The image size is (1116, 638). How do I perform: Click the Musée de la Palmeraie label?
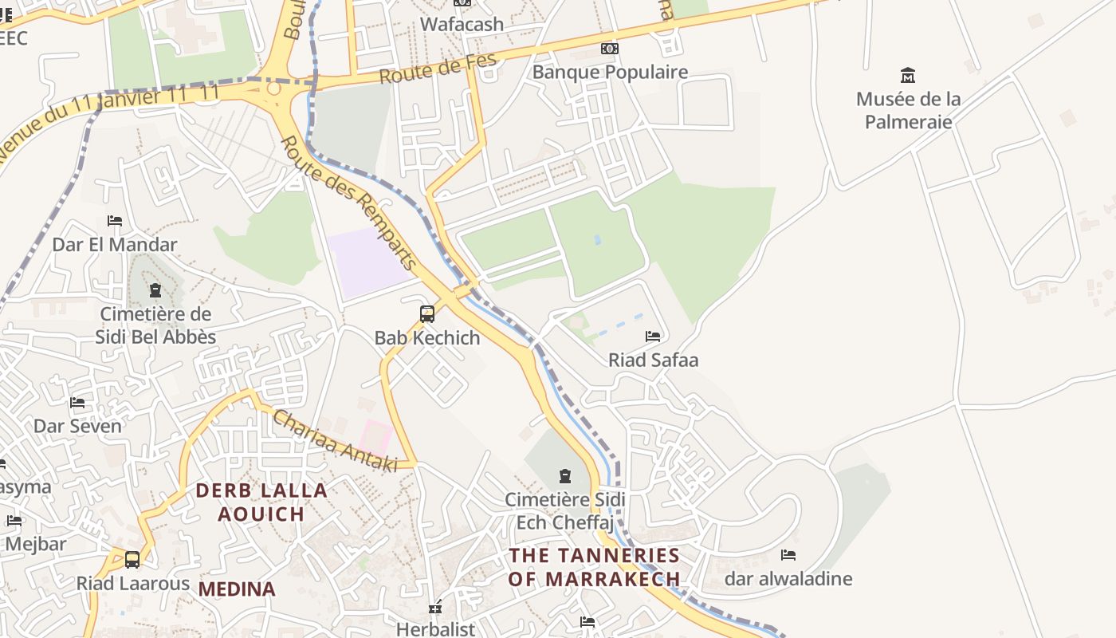pos(908,111)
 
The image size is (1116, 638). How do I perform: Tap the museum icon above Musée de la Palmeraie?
pos(907,76)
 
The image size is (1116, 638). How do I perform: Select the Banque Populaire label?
pos(610,72)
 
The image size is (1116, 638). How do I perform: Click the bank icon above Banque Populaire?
pos(610,49)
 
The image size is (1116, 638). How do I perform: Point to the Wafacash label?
pos(462,24)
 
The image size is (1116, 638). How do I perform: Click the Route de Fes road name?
pos(438,69)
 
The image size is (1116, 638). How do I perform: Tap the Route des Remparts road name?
pos(350,203)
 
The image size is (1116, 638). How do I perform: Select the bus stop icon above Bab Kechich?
pos(427,314)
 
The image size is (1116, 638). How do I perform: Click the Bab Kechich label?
pos(427,337)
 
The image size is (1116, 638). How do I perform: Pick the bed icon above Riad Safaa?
pos(653,337)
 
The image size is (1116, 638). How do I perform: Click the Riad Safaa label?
pos(653,360)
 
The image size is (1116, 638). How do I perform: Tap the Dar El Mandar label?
pos(115,244)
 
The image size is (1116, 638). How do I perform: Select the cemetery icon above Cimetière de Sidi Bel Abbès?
pos(155,289)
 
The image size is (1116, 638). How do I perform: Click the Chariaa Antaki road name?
pos(335,440)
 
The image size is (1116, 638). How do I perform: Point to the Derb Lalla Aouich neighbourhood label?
pos(261,502)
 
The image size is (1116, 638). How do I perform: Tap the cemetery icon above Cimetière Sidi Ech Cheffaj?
pos(565,476)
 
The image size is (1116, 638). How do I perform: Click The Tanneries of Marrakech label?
pos(594,567)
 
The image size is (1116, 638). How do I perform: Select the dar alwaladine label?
pos(788,578)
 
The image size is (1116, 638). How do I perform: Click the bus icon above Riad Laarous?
pos(132,560)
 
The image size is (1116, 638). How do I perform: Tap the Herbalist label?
pos(435,628)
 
